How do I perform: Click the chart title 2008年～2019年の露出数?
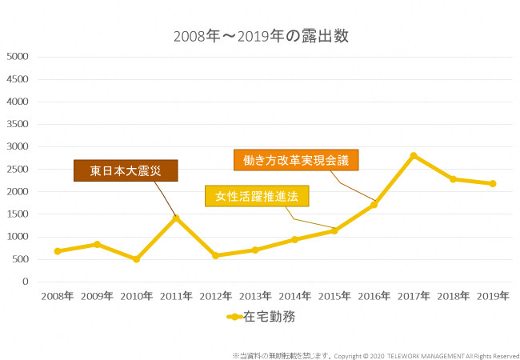click(x=261, y=36)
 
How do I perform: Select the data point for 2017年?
click(x=414, y=155)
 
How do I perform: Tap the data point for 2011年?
click(x=176, y=218)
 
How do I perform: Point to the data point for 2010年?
click(x=137, y=259)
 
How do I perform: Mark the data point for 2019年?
click(x=493, y=183)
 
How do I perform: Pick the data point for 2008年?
click(x=58, y=251)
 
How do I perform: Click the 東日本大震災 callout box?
click(x=126, y=171)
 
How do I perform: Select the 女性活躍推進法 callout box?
click(x=257, y=196)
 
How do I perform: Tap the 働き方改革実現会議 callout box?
click(x=296, y=160)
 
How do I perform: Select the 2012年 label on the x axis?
click(x=216, y=296)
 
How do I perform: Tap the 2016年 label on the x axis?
click(x=374, y=296)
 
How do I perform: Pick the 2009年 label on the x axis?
click(x=97, y=296)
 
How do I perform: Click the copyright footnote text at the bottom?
click(x=375, y=355)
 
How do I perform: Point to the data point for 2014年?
click(x=294, y=239)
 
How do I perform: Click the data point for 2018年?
click(x=453, y=179)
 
